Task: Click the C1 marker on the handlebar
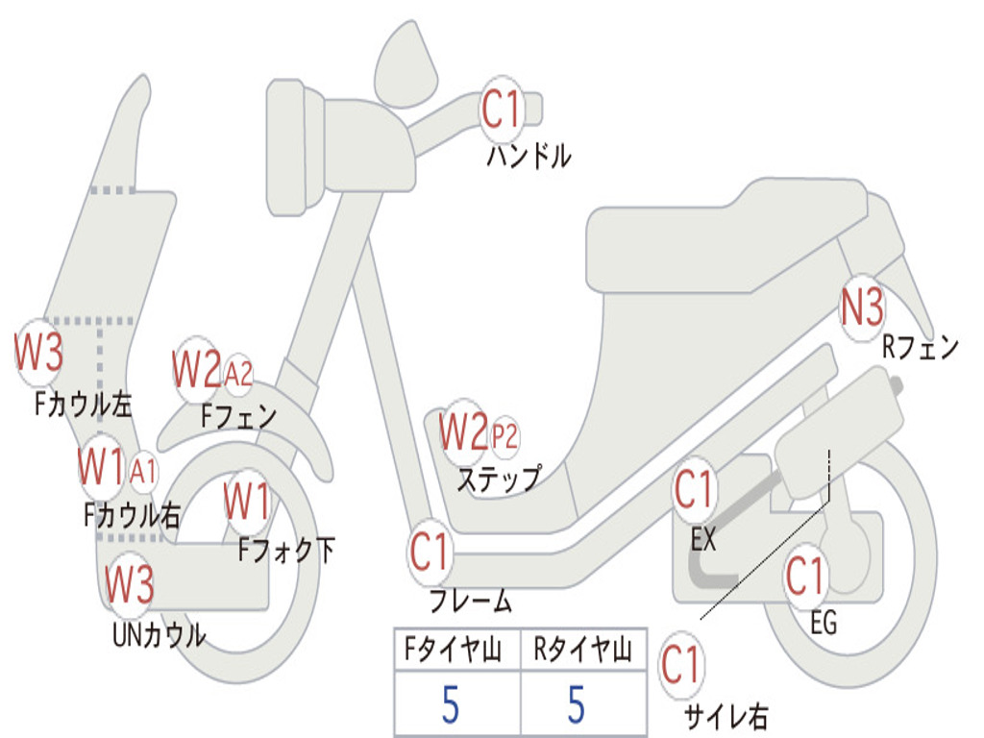point(502,110)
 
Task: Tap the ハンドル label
point(529,156)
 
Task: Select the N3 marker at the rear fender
point(862,307)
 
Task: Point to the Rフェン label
point(920,347)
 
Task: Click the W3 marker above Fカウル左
point(38,352)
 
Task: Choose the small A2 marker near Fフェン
point(238,375)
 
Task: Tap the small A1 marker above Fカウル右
point(143,471)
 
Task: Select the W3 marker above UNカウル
point(129,583)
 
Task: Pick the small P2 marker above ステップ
point(504,434)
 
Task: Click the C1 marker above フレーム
point(430,551)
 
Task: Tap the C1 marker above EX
point(694,489)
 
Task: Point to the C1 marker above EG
point(805,576)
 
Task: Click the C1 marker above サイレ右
point(681,664)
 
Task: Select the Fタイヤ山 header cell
point(457,649)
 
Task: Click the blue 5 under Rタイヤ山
point(577,704)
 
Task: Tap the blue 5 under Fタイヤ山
point(450,704)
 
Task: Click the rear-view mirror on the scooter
point(406,62)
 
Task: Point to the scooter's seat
point(728,237)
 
